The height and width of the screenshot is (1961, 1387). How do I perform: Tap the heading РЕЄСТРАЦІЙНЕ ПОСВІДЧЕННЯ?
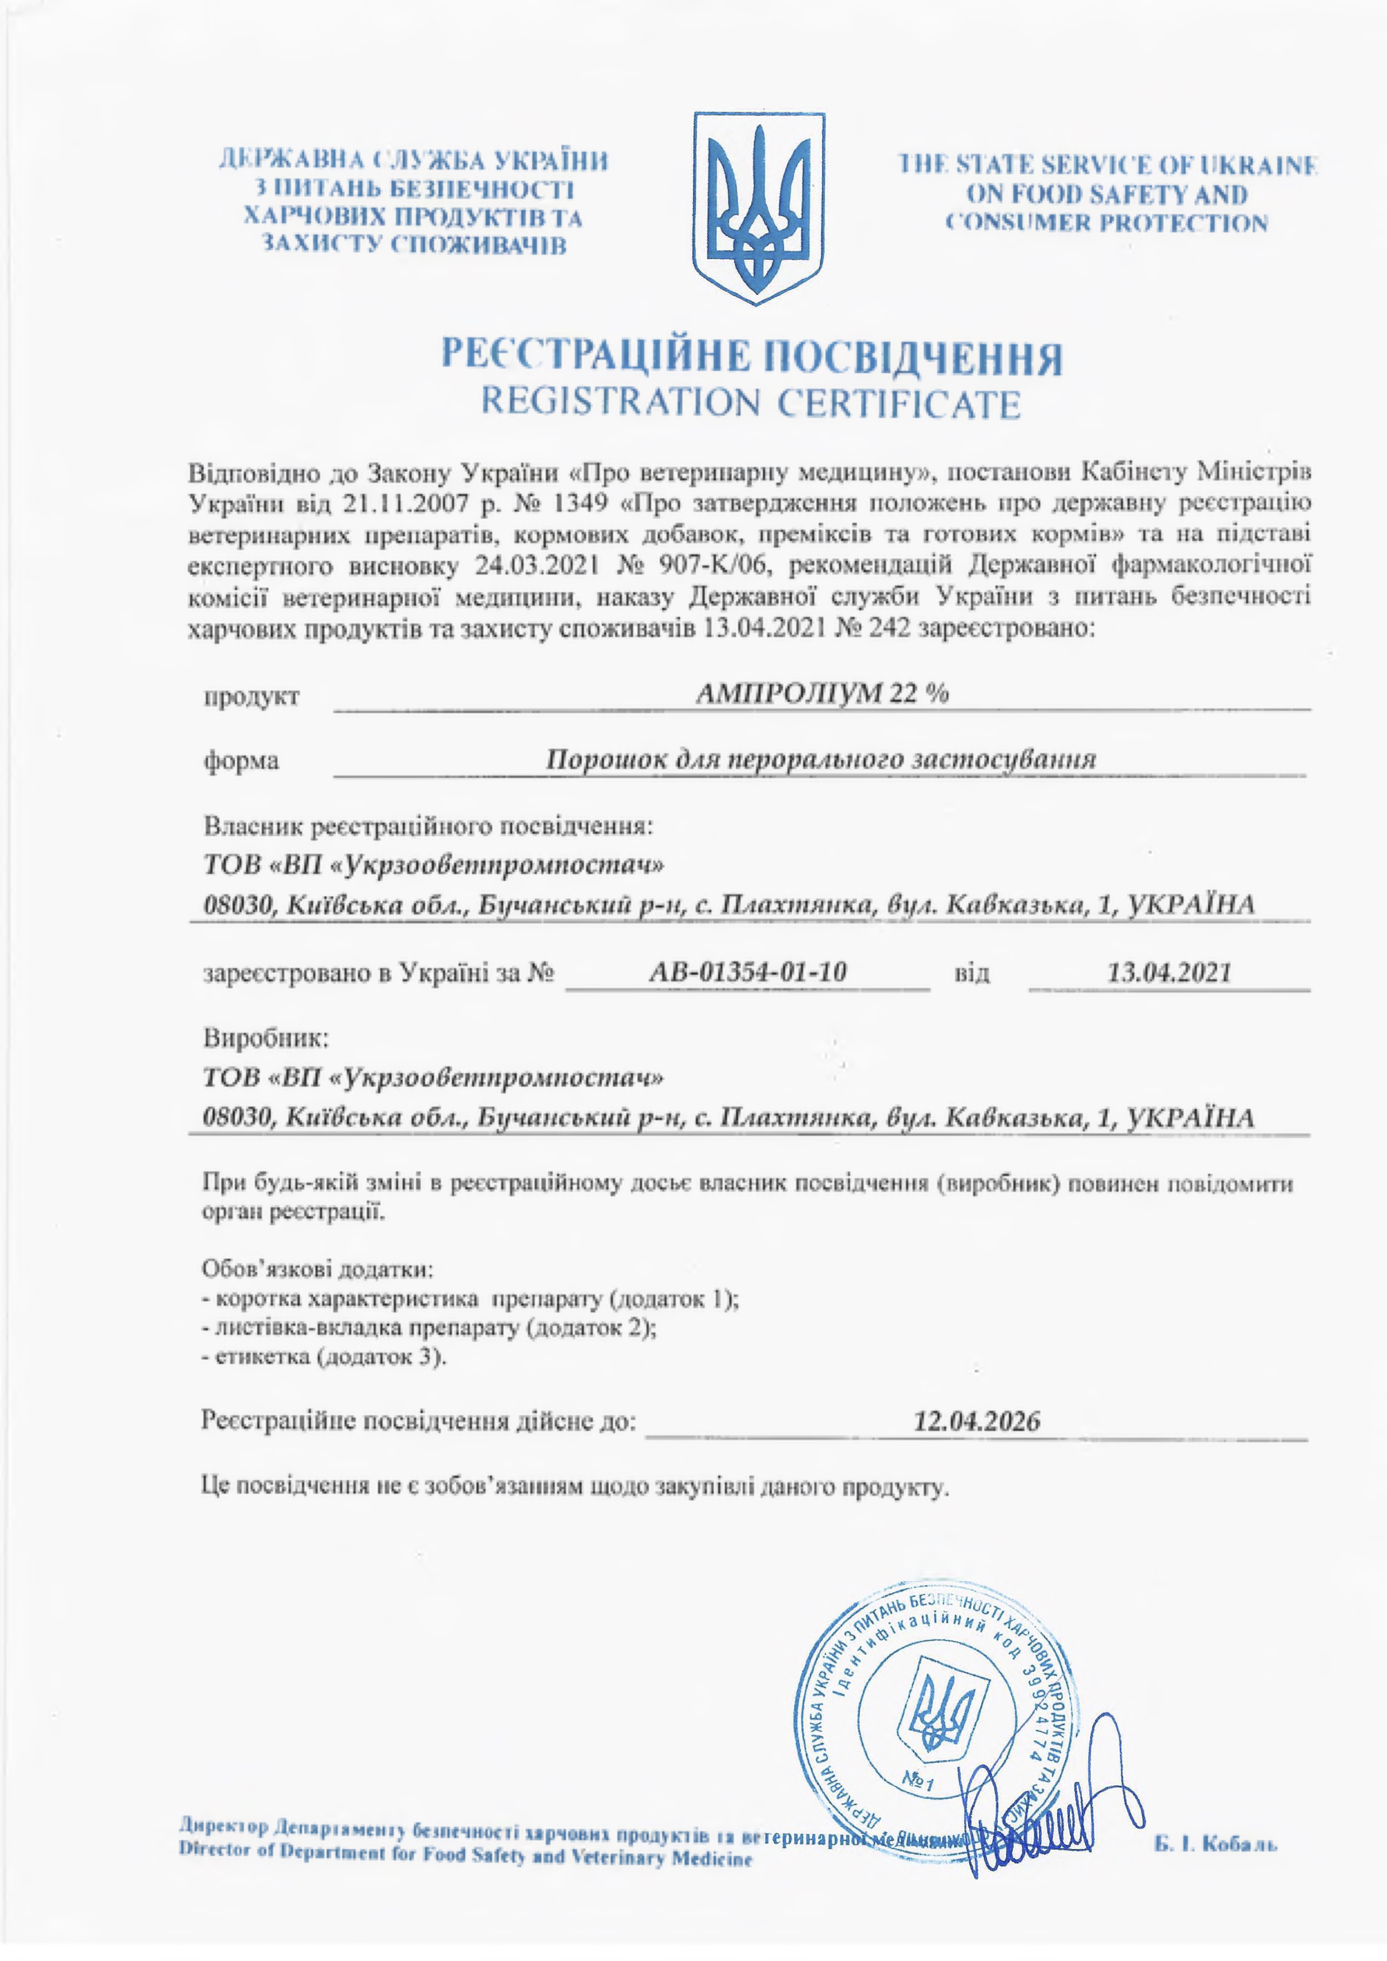(751, 357)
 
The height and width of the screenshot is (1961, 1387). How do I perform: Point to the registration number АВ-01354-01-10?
(747, 972)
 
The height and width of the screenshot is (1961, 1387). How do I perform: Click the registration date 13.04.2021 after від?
(1168, 972)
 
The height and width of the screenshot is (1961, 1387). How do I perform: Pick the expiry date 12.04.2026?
(976, 1421)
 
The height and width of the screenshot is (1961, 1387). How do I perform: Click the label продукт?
(251, 696)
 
